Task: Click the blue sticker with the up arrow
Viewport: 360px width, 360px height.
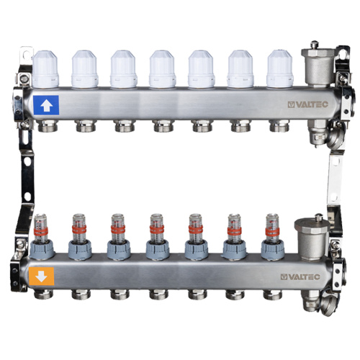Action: pos(46,105)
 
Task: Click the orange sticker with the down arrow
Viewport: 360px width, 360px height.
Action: pos(41,276)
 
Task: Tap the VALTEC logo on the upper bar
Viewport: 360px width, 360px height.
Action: pos(308,104)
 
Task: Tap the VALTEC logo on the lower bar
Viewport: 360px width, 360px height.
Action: pos(300,276)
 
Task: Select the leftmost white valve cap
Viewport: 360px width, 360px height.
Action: pos(45,69)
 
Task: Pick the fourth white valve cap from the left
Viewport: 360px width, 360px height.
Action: pos(162,69)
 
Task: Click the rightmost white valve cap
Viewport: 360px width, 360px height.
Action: pos(280,69)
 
